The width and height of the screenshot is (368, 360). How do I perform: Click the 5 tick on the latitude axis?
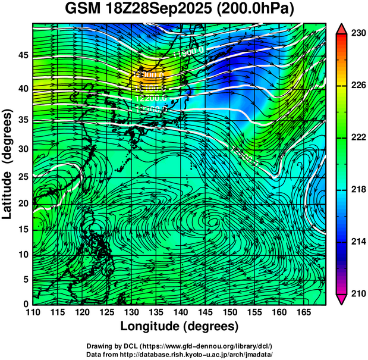point(26,278)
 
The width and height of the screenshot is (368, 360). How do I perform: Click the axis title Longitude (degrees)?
point(180,327)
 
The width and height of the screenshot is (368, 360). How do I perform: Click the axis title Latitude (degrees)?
point(8,164)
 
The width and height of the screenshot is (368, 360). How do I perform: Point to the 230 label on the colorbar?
point(358,34)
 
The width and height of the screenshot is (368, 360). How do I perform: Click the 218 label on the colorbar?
point(358,190)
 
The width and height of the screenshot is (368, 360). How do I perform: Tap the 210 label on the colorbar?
point(358,293)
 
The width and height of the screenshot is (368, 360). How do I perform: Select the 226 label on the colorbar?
point(358,86)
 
